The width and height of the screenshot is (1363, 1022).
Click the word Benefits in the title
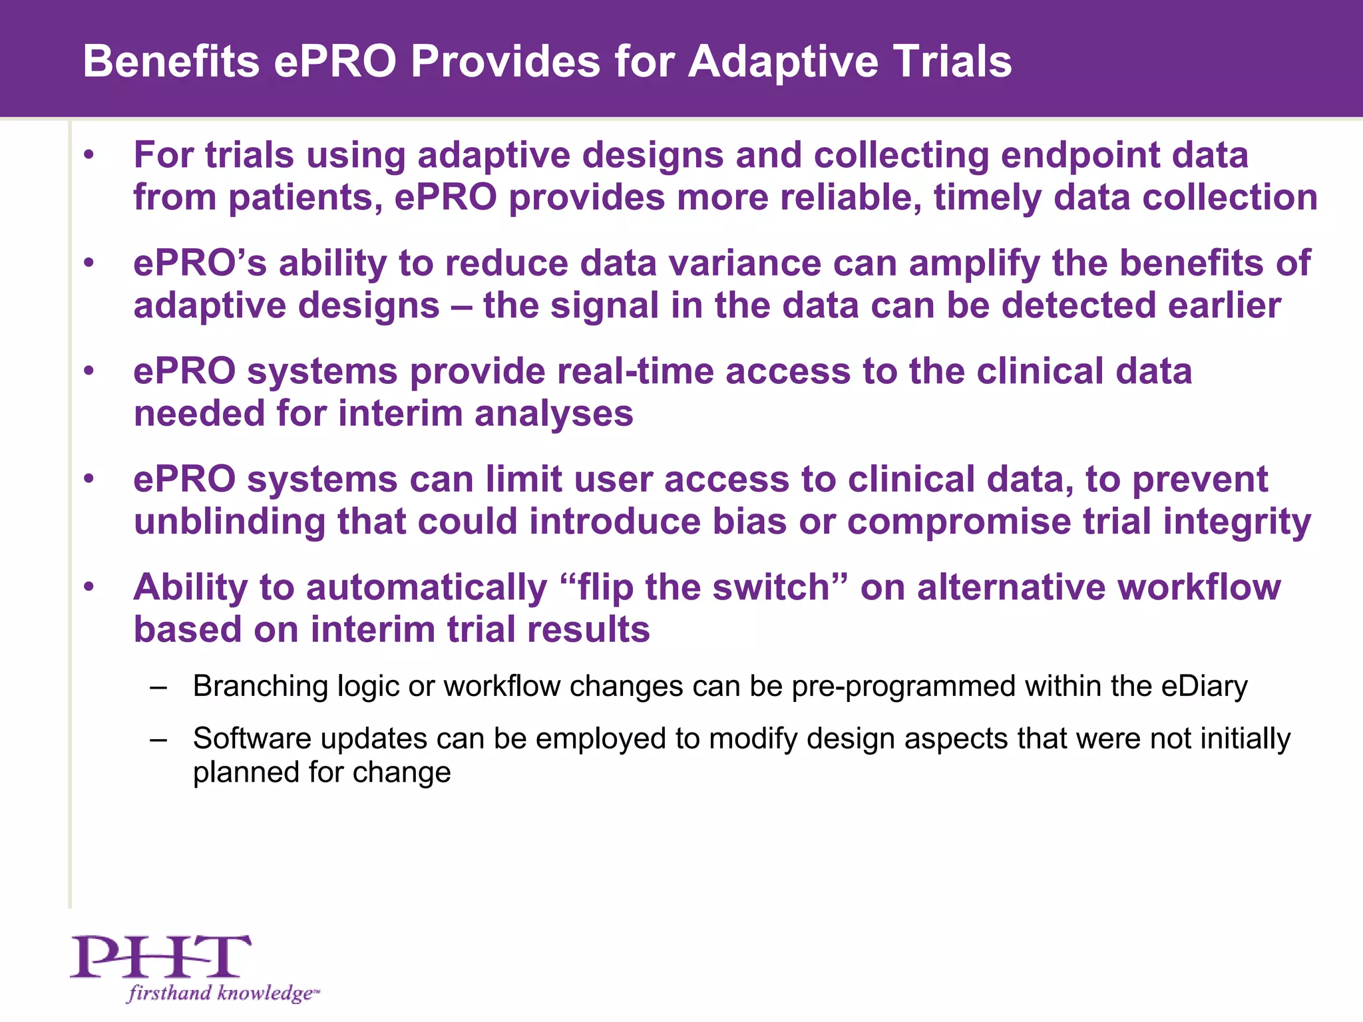[x=170, y=62]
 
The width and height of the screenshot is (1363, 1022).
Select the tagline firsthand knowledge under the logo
[x=222, y=993]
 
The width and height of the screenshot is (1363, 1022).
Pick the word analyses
[x=554, y=414]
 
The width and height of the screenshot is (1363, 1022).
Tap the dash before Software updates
[x=158, y=739]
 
